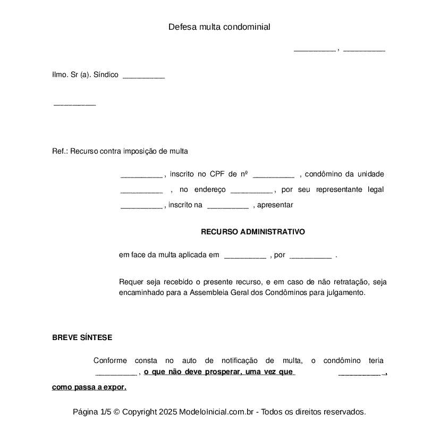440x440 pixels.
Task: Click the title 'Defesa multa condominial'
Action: (x=219, y=27)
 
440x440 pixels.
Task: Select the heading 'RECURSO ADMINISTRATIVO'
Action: (x=253, y=232)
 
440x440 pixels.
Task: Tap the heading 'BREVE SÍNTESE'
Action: (x=82, y=337)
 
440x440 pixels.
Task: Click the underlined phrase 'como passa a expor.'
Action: (x=89, y=387)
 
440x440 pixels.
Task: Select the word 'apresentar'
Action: (x=275, y=205)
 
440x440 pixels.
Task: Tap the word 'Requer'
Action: (x=130, y=282)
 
